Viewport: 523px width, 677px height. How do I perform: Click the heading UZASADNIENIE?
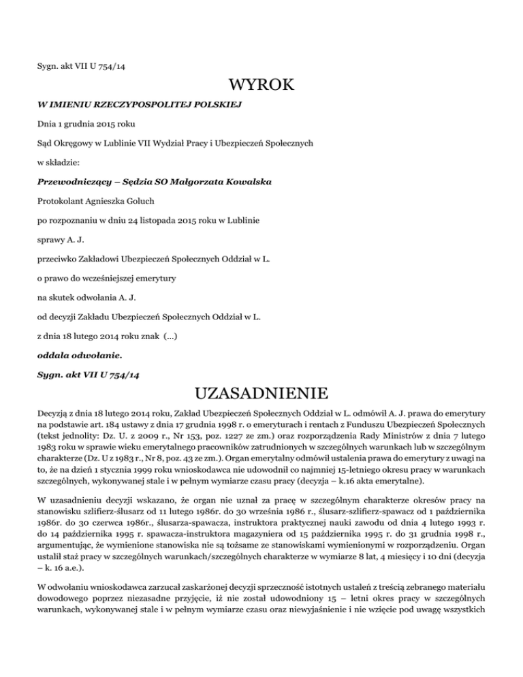pyautogui.click(x=261, y=394)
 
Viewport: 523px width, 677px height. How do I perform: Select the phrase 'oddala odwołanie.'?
pyautogui.click(x=72, y=355)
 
